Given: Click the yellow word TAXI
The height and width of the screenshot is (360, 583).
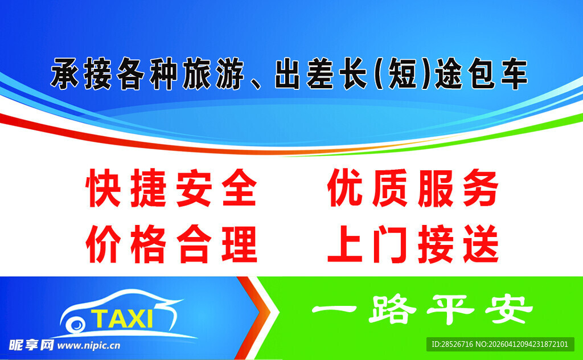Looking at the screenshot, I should point(122,318).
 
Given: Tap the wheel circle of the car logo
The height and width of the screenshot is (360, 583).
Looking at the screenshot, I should point(75,325).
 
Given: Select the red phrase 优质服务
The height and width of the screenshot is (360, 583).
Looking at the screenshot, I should point(413,190).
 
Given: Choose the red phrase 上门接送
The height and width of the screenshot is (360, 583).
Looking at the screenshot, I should point(413,244).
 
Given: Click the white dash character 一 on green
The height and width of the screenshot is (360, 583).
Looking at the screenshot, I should point(333,310).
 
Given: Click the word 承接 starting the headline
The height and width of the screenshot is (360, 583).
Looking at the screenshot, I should point(80,75).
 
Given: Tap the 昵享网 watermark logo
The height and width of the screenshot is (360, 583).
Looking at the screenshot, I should point(31,345).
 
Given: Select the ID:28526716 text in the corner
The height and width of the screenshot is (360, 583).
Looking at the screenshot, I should point(453,345).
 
